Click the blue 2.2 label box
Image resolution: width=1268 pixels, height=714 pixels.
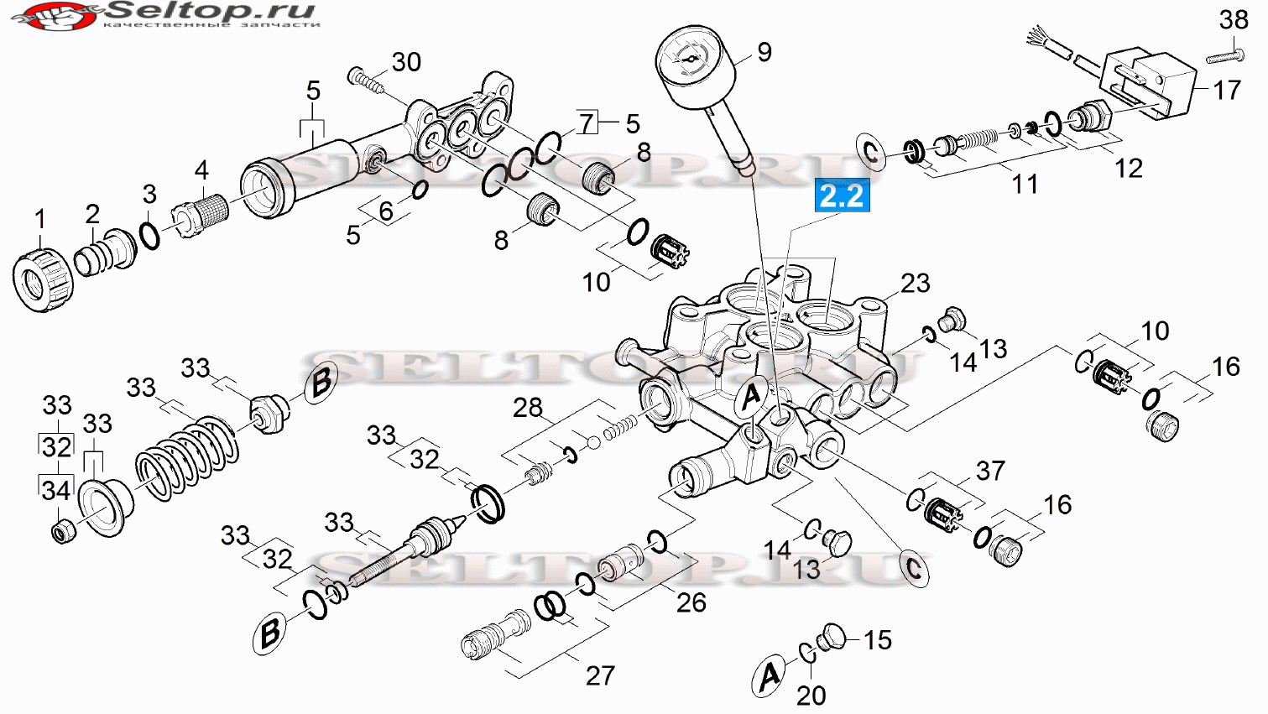(842, 195)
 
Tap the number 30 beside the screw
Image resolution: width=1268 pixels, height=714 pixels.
(406, 62)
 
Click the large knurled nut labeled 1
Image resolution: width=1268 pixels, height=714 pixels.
(43, 280)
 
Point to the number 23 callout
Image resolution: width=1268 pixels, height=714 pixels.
(916, 283)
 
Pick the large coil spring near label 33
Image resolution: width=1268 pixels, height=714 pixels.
(187, 458)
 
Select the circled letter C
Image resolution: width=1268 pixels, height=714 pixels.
(913, 567)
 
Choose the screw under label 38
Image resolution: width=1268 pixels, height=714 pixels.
(1225, 56)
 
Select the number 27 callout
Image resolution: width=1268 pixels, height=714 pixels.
(599, 675)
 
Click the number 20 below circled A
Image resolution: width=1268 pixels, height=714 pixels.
(811, 696)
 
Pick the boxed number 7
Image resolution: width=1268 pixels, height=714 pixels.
(587, 122)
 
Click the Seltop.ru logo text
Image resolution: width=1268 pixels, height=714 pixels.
(211, 10)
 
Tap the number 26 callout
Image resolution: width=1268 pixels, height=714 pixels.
(691, 602)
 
